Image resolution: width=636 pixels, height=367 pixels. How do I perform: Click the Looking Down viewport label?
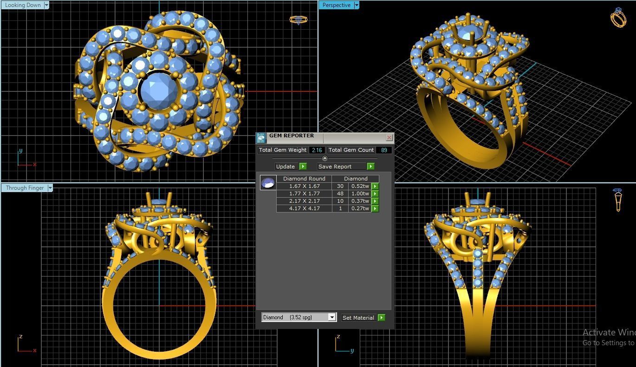(x=23, y=5)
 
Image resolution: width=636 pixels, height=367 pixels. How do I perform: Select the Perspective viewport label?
(x=336, y=5)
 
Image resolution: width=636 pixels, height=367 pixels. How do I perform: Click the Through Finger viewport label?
(x=25, y=188)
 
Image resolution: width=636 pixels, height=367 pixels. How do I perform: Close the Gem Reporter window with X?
(x=389, y=138)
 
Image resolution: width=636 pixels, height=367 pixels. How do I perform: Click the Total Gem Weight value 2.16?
(x=317, y=150)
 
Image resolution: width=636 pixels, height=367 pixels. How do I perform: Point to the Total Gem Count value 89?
(x=384, y=150)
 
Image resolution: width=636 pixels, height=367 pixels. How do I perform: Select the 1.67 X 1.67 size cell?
(x=304, y=186)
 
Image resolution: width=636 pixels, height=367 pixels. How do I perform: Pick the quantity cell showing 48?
(x=340, y=193)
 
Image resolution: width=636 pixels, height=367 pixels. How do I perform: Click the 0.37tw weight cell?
(x=360, y=201)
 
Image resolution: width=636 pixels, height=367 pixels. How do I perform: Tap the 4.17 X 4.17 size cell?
(x=304, y=208)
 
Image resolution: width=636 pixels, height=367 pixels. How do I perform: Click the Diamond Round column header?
(x=304, y=179)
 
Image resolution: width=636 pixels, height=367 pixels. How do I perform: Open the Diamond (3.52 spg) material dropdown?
(x=331, y=317)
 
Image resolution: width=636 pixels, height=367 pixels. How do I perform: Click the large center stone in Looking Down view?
(x=157, y=92)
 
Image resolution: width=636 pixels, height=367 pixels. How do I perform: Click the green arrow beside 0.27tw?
(x=375, y=208)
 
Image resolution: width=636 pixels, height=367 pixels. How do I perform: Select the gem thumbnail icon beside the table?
(x=268, y=183)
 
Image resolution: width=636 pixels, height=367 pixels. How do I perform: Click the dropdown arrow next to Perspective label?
(x=357, y=5)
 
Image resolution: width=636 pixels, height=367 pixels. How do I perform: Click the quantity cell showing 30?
(x=340, y=186)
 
